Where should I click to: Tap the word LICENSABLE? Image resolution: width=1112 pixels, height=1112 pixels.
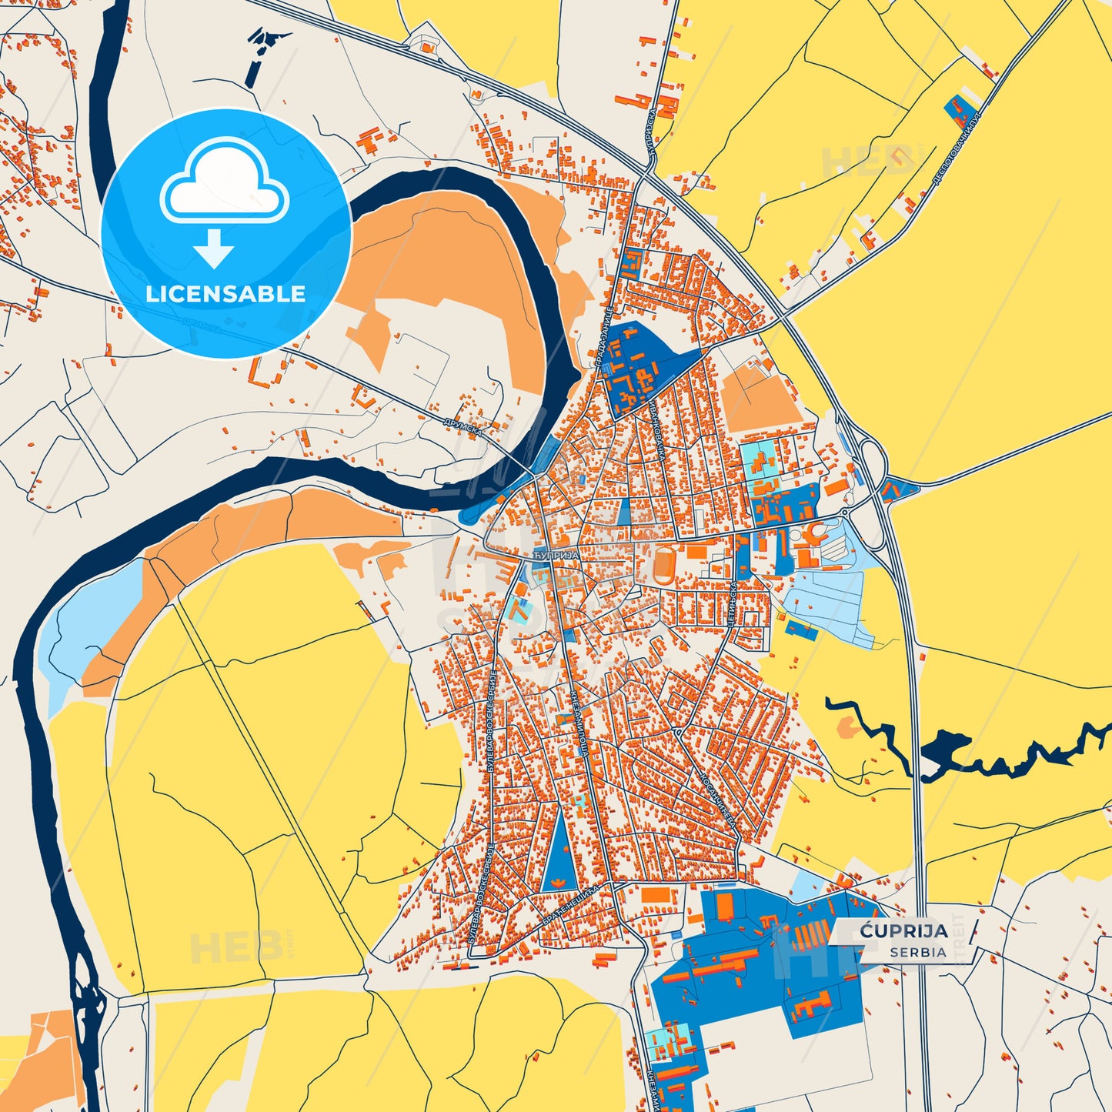click(225, 294)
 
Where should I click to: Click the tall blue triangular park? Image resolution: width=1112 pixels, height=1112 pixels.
click(558, 854)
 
